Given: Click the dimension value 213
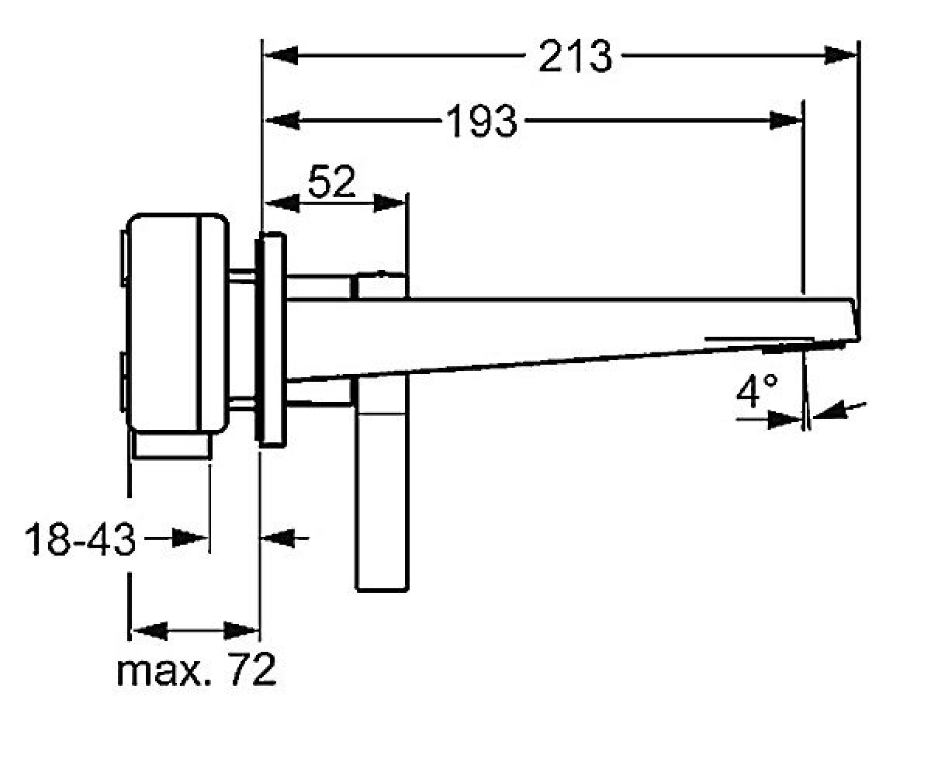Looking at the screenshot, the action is click(575, 56).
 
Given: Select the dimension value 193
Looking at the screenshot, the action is click(482, 121).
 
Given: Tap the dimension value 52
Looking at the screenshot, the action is click(332, 181).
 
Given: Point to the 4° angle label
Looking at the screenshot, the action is click(756, 390).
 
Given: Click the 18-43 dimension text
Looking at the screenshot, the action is click(80, 539).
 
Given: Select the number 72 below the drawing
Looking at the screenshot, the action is click(252, 670).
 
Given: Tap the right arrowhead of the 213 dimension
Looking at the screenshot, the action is click(840, 56).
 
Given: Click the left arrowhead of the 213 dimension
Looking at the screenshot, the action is click(281, 56).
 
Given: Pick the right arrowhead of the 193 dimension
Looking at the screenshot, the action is click(786, 120).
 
